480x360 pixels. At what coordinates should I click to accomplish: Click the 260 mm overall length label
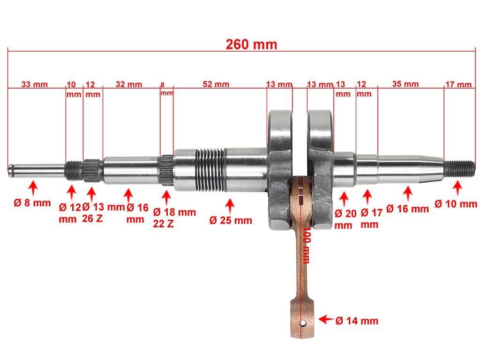coord(251,45)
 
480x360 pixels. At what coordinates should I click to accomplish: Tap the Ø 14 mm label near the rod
coord(357,321)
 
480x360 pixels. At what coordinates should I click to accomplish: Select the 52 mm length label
coord(216,84)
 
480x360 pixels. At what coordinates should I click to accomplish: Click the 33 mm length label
coord(35,84)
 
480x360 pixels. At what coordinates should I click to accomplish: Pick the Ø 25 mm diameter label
coord(231,220)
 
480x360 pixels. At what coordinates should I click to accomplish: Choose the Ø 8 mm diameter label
coord(32,202)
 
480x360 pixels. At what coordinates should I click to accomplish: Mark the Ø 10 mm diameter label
coord(456,203)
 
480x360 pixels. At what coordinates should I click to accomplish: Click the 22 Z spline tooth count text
coord(163,224)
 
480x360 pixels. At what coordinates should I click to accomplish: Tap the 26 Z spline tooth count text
coord(92,218)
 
